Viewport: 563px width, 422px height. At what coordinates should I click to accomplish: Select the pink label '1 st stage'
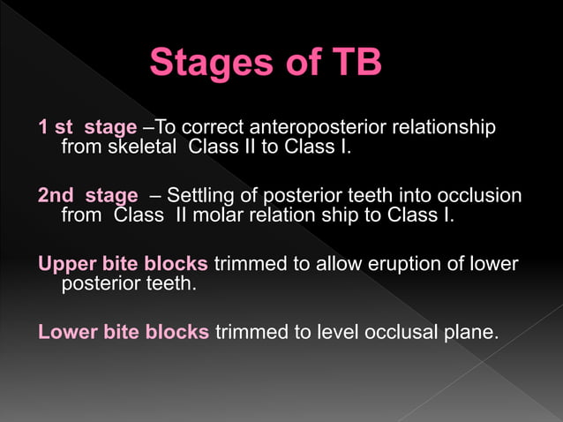click(87, 127)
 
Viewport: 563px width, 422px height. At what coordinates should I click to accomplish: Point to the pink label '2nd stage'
click(87, 195)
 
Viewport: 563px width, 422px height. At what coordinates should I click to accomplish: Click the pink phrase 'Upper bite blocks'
click(123, 264)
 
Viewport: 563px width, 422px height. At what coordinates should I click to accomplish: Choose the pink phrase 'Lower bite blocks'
click(124, 332)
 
